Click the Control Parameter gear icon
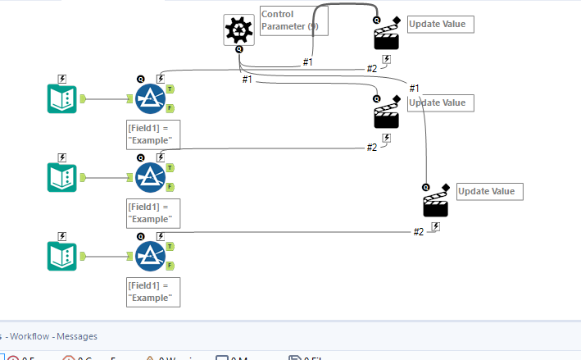point(238,30)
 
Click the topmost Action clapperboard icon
point(387,38)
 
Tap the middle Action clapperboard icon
point(387,116)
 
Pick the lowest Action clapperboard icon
point(436,204)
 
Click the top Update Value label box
point(440,24)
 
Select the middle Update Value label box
point(440,103)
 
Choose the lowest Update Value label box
point(489,191)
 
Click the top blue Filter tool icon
point(150,98)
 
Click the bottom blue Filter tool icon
point(150,256)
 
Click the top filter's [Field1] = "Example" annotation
point(153,134)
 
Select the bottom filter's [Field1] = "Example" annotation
point(153,292)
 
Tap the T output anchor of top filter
point(170,89)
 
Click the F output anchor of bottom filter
point(170,266)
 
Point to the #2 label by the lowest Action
point(418,232)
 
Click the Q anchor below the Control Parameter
point(238,49)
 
